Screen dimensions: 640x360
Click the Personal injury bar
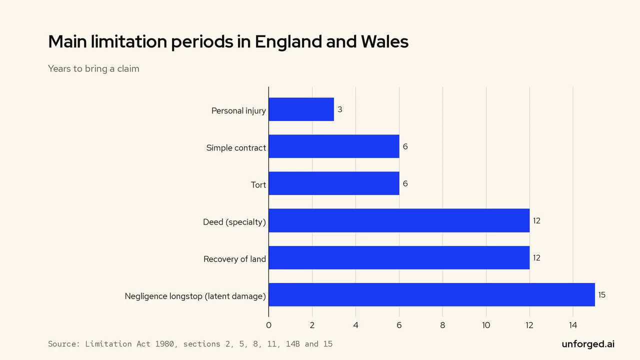[x=301, y=109]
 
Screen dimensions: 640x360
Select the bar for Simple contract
[x=334, y=146]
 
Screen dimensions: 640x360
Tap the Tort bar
[x=334, y=183]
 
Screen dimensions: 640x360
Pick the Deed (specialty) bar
[x=399, y=220]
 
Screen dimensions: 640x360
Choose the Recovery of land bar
[x=399, y=257]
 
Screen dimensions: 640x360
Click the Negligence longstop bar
[x=431, y=295]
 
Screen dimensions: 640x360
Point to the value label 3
[x=339, y=109]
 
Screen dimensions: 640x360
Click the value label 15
[x=601, y=295]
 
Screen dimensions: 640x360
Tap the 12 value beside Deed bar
[x=536, y=220]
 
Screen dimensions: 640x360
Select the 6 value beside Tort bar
[x=405, y=183]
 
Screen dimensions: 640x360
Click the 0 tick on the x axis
[x=268, y=325]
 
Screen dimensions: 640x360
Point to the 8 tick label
[x=442, y=325]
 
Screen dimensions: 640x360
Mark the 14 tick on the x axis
[x=573, y=325]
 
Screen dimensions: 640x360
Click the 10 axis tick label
[x=486, y=325]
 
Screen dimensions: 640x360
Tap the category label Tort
[x=258, y=185]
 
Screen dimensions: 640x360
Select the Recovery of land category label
[x=234, y=259]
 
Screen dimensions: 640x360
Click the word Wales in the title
[x=384, y=41]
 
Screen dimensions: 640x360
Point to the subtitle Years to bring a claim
[x=93, y=68]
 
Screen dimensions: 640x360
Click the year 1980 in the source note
[x=164, y=343]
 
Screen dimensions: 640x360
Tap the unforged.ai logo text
[x=588, y=344]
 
